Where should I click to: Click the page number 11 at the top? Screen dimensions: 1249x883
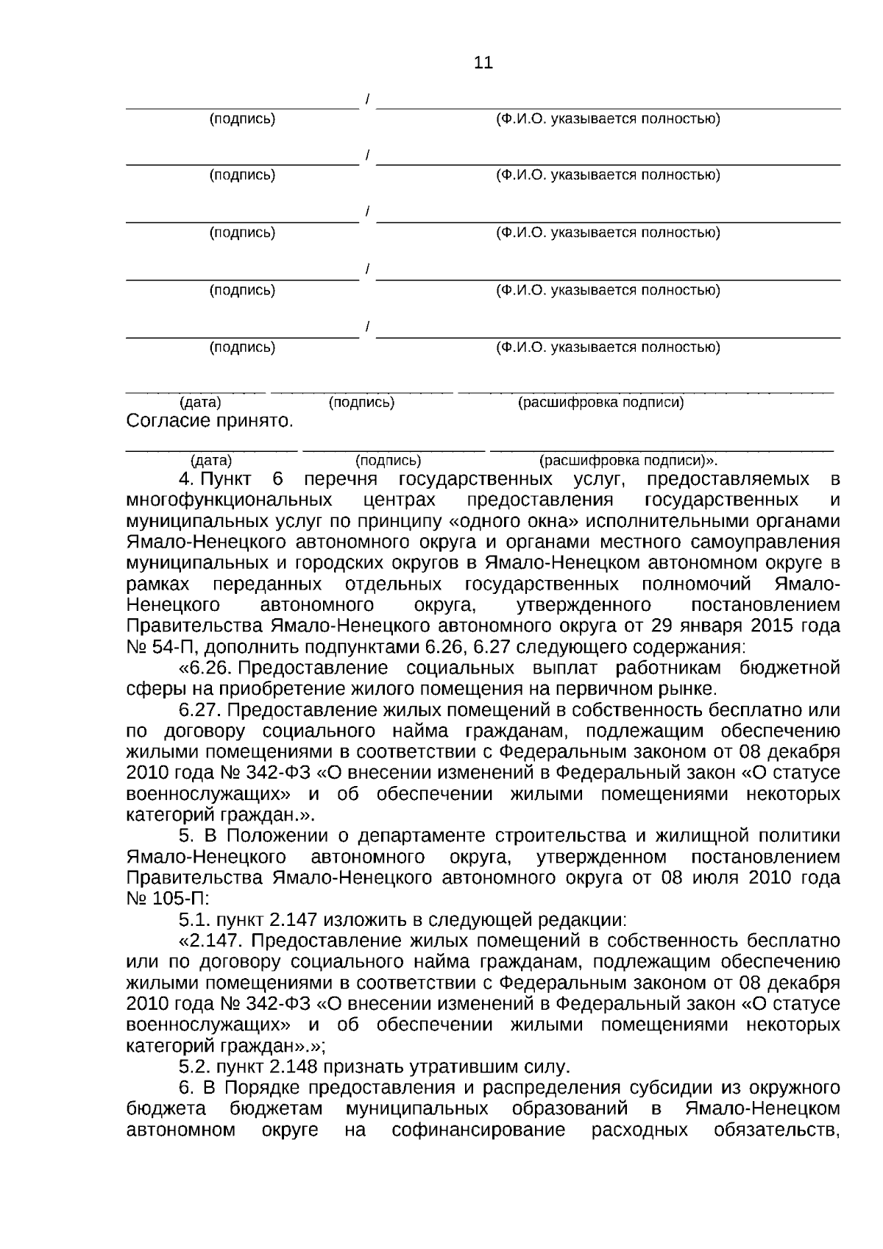point(483,63)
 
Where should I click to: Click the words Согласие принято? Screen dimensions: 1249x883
point(210,422)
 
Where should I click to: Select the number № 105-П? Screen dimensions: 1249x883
point(169,899)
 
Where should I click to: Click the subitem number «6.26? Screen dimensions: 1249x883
point(206,668)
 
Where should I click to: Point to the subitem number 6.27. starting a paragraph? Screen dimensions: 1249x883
point(201,710)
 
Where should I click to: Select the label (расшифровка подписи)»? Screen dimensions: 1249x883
point(628,461)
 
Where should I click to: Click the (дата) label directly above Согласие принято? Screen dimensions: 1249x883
point(200,403)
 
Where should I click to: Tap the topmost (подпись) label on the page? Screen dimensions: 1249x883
point(243,118)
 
